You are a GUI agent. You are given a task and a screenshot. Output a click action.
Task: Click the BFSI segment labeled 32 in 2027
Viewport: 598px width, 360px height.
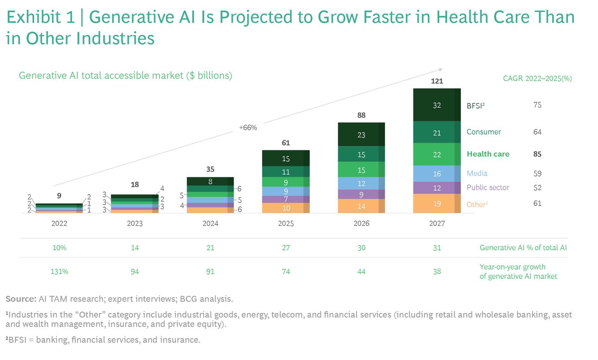[437, 105]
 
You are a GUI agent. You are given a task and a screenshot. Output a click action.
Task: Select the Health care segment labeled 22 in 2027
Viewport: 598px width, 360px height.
[437, 155]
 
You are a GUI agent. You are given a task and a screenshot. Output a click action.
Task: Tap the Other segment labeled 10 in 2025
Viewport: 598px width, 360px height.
[286, 208]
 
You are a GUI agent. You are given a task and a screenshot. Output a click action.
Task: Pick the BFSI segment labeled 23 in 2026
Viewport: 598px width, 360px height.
[361, 135]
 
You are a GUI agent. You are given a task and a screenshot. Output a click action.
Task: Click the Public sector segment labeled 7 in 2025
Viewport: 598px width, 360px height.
[286, 199]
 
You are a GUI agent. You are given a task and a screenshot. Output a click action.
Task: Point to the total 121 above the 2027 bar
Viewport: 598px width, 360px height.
[437, 81]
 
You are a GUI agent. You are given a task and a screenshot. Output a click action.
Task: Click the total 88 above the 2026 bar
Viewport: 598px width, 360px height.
[361, 115]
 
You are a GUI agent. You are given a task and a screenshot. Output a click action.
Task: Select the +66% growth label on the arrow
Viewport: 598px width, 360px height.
[248, 127]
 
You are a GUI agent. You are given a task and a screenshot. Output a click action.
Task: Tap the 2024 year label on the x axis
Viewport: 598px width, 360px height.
[211, 223]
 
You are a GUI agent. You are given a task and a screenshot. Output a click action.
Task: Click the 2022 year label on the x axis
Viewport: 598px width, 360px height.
[59, 223]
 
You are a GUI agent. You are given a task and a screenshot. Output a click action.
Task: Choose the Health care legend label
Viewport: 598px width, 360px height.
[488, 154]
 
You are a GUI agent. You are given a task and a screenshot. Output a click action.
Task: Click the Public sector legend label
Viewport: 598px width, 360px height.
[488, 187]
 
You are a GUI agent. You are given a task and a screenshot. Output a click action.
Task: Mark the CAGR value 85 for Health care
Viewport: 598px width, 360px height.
[537, 154]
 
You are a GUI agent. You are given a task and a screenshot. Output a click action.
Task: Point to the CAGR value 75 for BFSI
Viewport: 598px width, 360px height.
[537, 105]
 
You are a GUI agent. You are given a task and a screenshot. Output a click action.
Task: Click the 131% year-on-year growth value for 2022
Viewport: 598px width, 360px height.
[59, 272]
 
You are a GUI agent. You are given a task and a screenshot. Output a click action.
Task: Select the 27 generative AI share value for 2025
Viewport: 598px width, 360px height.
[286, 248]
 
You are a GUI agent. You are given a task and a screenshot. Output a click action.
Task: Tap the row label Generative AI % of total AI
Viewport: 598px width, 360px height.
[523, 248]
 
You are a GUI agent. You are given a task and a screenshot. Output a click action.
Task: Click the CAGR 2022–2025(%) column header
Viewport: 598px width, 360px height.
[537, 78]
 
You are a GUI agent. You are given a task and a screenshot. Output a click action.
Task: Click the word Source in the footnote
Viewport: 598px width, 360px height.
[20, 298]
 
